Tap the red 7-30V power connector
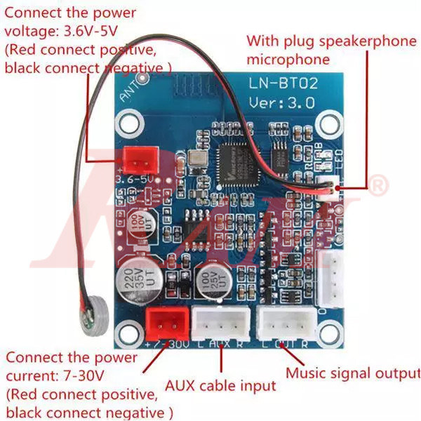pyautogui.click(x=166, y=323)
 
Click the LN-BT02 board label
pyautogui.click(x=284, y=83)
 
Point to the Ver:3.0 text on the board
pyautogui.click(x=282, y=102)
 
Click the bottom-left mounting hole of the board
pyautogui.click(x=130, y=333)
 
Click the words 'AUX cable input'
pyautogui.click(x=220, y=385)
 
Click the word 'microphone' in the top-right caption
pyautogui.click(x=288, y=60)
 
